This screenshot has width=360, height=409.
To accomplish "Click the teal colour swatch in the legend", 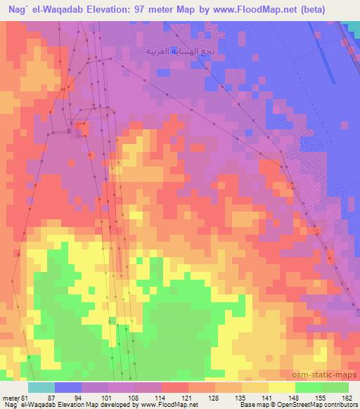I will pyautogui.click(x=41, y=388).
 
